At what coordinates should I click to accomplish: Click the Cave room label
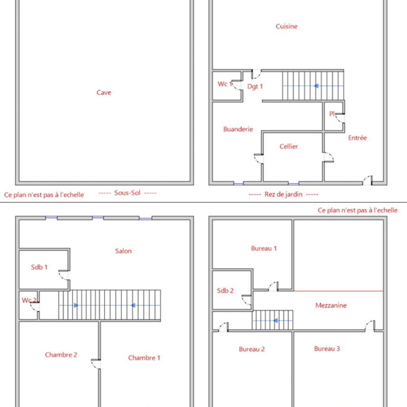(x=104, y=92)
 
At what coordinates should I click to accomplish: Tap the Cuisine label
(x=287, y=26)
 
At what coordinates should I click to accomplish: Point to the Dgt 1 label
(x=255, y=86)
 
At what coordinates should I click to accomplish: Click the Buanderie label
(x=238, y=129)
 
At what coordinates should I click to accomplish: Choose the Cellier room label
(x=289, y=147)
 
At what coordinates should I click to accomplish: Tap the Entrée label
(x=357, y=138)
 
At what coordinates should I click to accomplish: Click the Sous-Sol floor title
(x=127, y=193)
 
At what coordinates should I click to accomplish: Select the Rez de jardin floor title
(x=283, y=195)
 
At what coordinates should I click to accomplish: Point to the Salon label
(x=123, y=251)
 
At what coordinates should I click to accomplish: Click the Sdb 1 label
(x=39, y=267)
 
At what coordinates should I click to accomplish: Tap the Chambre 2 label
(x=61, y=355)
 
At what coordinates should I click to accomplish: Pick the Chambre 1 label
(x=144, y=358)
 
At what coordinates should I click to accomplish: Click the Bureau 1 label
(x=264, y=248)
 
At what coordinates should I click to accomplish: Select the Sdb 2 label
(x=225, y=291)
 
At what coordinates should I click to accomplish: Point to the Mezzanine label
(x=331, y=305)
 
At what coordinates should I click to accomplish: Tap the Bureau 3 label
(x=327, y=349)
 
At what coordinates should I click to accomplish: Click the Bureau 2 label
(x=252, y=349)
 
